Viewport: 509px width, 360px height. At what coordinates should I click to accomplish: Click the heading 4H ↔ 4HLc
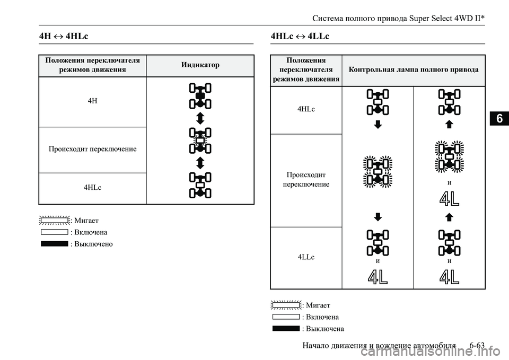coord(64,36)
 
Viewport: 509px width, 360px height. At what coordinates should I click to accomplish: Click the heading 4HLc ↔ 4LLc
coord(300,36)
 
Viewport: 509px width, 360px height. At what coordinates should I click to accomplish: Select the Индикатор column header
coord(200,65)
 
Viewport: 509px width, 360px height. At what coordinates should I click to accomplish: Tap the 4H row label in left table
coord(92,101)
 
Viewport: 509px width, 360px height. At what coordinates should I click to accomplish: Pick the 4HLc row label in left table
coord(92,188)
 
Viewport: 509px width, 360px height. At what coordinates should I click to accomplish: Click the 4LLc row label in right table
coord(306,257)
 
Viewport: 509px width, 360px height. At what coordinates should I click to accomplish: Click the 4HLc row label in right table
coord(306,109)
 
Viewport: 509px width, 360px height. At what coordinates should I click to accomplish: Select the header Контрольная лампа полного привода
coord(414,69)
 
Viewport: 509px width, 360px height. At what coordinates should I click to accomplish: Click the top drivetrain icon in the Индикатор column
coord(200,96)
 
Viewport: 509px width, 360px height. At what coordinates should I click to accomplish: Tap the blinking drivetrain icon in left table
coord(200,141)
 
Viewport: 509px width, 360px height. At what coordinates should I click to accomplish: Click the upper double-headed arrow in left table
coord(200,118)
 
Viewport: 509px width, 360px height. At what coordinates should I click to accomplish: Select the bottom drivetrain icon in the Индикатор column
coord(200,185)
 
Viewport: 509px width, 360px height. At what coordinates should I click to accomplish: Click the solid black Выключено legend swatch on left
coord(54,244)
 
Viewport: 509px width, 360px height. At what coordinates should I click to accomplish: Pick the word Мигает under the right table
coord(318,305)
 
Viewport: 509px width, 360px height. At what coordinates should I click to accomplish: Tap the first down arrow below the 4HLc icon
coord(377,125)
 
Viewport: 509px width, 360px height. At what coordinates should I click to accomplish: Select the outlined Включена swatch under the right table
coord(286,317)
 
